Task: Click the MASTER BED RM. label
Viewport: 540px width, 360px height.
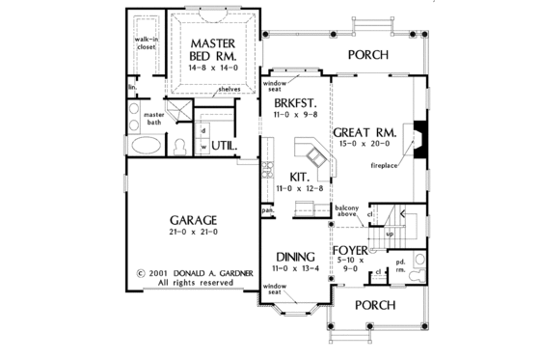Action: point(213,50)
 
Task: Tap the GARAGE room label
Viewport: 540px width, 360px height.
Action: point(188,219)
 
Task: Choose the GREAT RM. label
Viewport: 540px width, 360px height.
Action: point(362,132)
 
